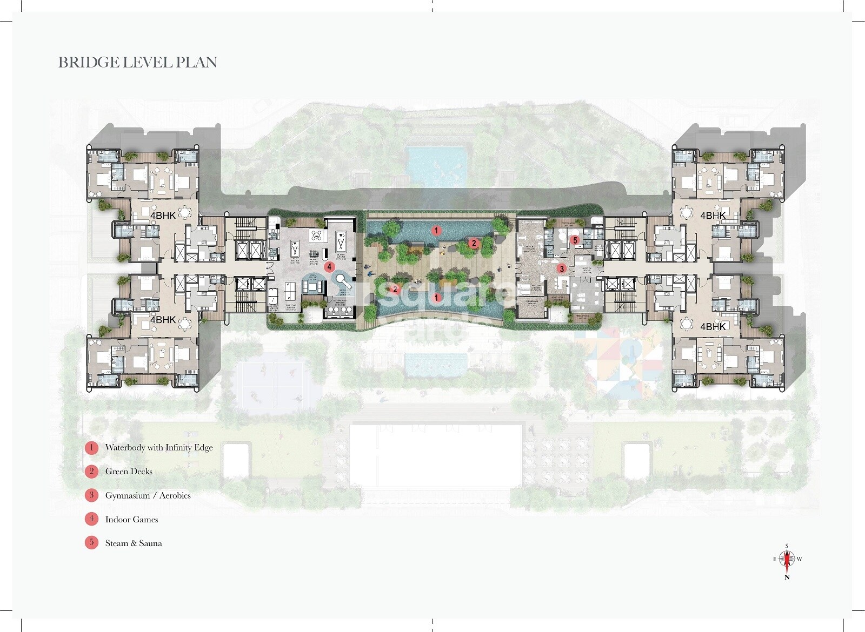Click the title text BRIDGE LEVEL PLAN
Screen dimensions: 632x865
pyautogui.click(x=137, y=63)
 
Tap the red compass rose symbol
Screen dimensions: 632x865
pyautogui.click(x=787, y=560)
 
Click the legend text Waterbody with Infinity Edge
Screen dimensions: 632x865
pyautogui.click(x=159, y=447)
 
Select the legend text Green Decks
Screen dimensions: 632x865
pyautogui.click(x=129, y=472)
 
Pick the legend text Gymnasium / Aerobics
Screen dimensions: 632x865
pyautogui.click(x=148, y=495)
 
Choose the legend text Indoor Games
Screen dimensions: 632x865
pyautogui.click(x=131, y=520)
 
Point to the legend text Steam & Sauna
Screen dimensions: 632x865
pyautogui.click(x=134, y=543)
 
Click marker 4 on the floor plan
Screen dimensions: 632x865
pyautogui.click(x=329, y=266)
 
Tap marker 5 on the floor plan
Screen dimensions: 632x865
pyautogui.click(x=575, y=240)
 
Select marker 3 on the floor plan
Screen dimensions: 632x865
pyautogui.click(x=562, y=268)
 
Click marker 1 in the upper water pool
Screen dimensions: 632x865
pyautogui.click(x=436, y=231)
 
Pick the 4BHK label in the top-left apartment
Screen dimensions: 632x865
pyautogui.click(x=163, y=216)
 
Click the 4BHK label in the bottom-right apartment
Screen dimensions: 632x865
pyautogui.click(x=713, y=326)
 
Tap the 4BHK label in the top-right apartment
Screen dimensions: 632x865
pyautogui.click(x=713, y=216)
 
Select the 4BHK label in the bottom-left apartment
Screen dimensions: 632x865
pyautogui.click(x=163, y=320)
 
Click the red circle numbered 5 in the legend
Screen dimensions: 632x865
pyautogui.click(x=91, y=542)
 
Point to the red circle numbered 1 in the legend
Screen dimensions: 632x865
pyautogui.click(x=91, y=447)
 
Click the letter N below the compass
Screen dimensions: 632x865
pyautogui.click(x=787, y=577)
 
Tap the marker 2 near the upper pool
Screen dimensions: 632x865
pyautogui.click(x=474, y=243)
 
